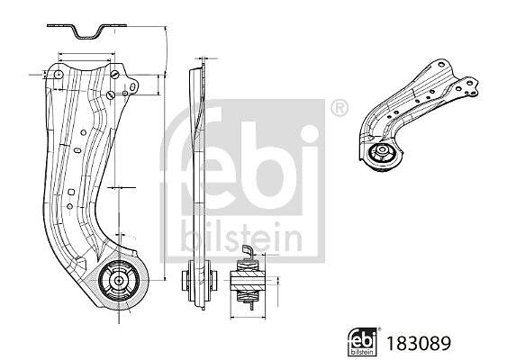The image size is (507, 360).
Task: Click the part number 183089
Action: click(419, 343)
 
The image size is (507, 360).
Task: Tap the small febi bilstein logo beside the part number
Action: click(362, 342)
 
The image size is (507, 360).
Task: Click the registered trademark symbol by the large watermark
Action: click(340, 108)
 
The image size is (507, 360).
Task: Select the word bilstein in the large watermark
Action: click(241, 237)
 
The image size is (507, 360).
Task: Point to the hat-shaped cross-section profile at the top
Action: click(86, 31)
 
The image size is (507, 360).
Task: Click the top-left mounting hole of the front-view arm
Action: click(59, 75)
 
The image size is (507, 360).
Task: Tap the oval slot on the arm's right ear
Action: click(132, 87)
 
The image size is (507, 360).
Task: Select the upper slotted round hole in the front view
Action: click(114, 75)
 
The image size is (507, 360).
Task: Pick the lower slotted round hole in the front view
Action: click(110, 95)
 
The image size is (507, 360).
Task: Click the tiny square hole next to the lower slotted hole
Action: click(125, 94)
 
